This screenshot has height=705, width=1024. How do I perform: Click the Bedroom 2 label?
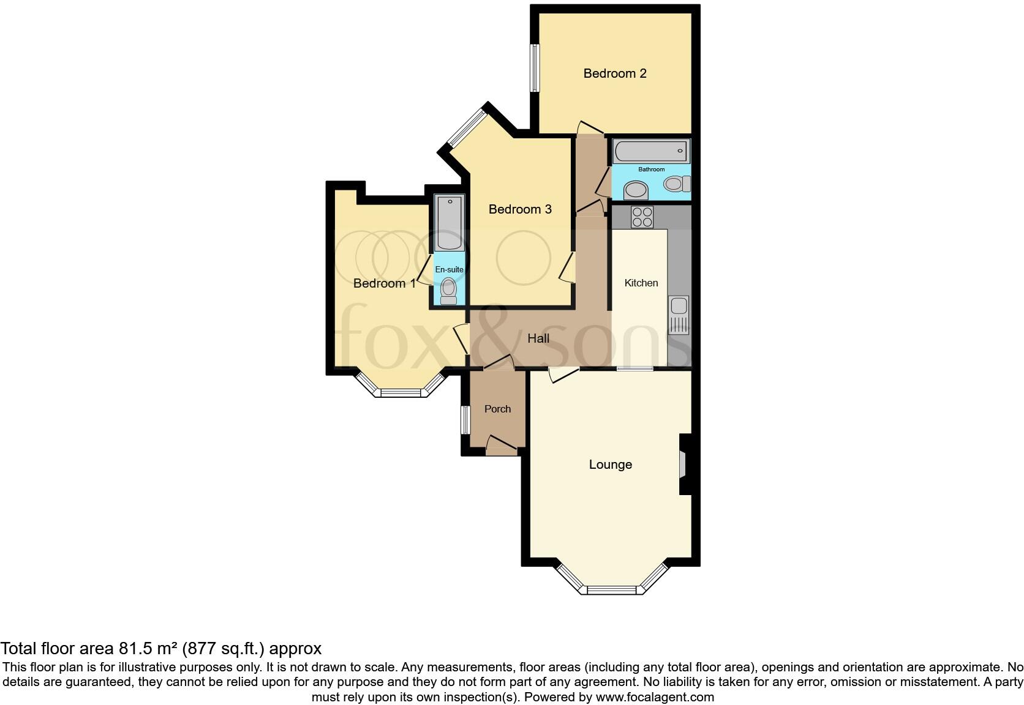(x=614, y=73)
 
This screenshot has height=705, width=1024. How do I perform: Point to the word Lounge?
(x=610, y=464)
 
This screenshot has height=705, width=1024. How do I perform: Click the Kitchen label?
(x=641, y=283)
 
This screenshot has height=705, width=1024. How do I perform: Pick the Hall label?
(x=538, y=338)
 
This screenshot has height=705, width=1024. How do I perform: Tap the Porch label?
(x=497, y=409)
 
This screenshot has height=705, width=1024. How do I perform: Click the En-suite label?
(x=449, y=269)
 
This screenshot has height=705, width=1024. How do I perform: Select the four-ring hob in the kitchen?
(x=642, y=217)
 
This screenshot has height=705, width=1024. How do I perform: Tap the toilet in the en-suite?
(x=448, y=291)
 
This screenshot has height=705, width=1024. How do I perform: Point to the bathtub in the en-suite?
(x=449, y=223)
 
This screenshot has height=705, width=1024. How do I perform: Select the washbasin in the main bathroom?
(x=636, y=191)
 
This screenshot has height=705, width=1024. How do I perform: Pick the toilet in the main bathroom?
(x=677, y=184)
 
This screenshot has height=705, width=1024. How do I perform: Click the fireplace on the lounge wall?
(x=683, y=464)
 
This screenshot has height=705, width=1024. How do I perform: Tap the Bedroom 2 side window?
(x=535, y=67)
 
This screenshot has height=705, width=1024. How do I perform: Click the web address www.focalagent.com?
(x=655, y=696)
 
